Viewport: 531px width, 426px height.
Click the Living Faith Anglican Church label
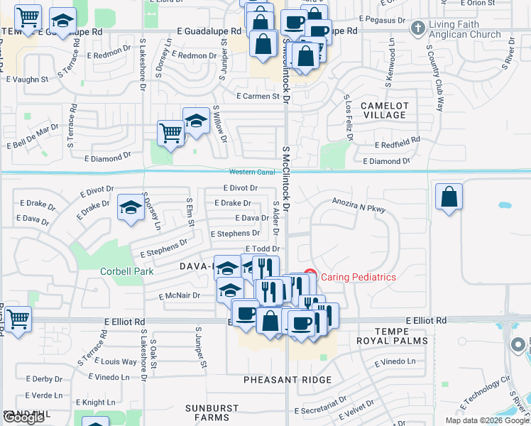[465, 30]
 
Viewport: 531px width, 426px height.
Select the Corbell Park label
[117, 271]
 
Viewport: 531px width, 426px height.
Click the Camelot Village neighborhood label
[383, 109]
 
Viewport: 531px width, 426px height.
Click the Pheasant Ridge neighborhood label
[288, 380]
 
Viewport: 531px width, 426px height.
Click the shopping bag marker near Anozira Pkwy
[449, 197]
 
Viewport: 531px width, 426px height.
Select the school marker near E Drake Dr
[131, 207]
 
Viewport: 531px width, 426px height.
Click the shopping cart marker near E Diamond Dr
[170, 132]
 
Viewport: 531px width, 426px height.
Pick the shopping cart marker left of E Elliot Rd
[18, 319]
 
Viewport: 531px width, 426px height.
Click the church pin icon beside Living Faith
[417, 27]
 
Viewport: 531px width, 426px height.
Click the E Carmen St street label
[258, 96]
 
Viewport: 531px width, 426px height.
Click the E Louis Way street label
[119, 361]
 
